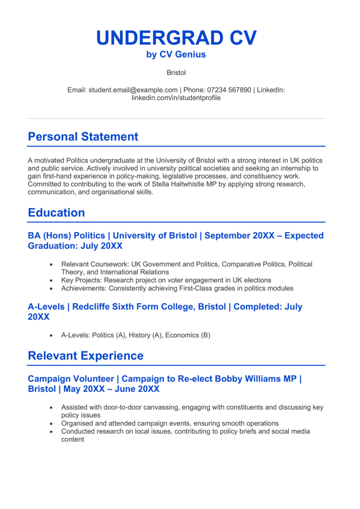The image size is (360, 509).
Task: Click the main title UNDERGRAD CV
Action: [176, 38]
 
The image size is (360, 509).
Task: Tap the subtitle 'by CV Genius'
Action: [176, 55]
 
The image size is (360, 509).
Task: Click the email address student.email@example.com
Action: [133, 90]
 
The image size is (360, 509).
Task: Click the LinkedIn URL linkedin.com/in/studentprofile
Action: [176, 98]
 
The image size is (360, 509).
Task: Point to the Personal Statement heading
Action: [83, 137]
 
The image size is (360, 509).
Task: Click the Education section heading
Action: [56, 213]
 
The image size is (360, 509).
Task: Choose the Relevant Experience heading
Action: [86, 356]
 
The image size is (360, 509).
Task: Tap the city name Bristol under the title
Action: [176, 73]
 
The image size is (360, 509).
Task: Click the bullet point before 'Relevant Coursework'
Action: [51, 264]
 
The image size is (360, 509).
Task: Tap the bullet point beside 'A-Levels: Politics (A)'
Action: [51, 336]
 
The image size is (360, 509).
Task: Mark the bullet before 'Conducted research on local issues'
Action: [51, 431]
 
